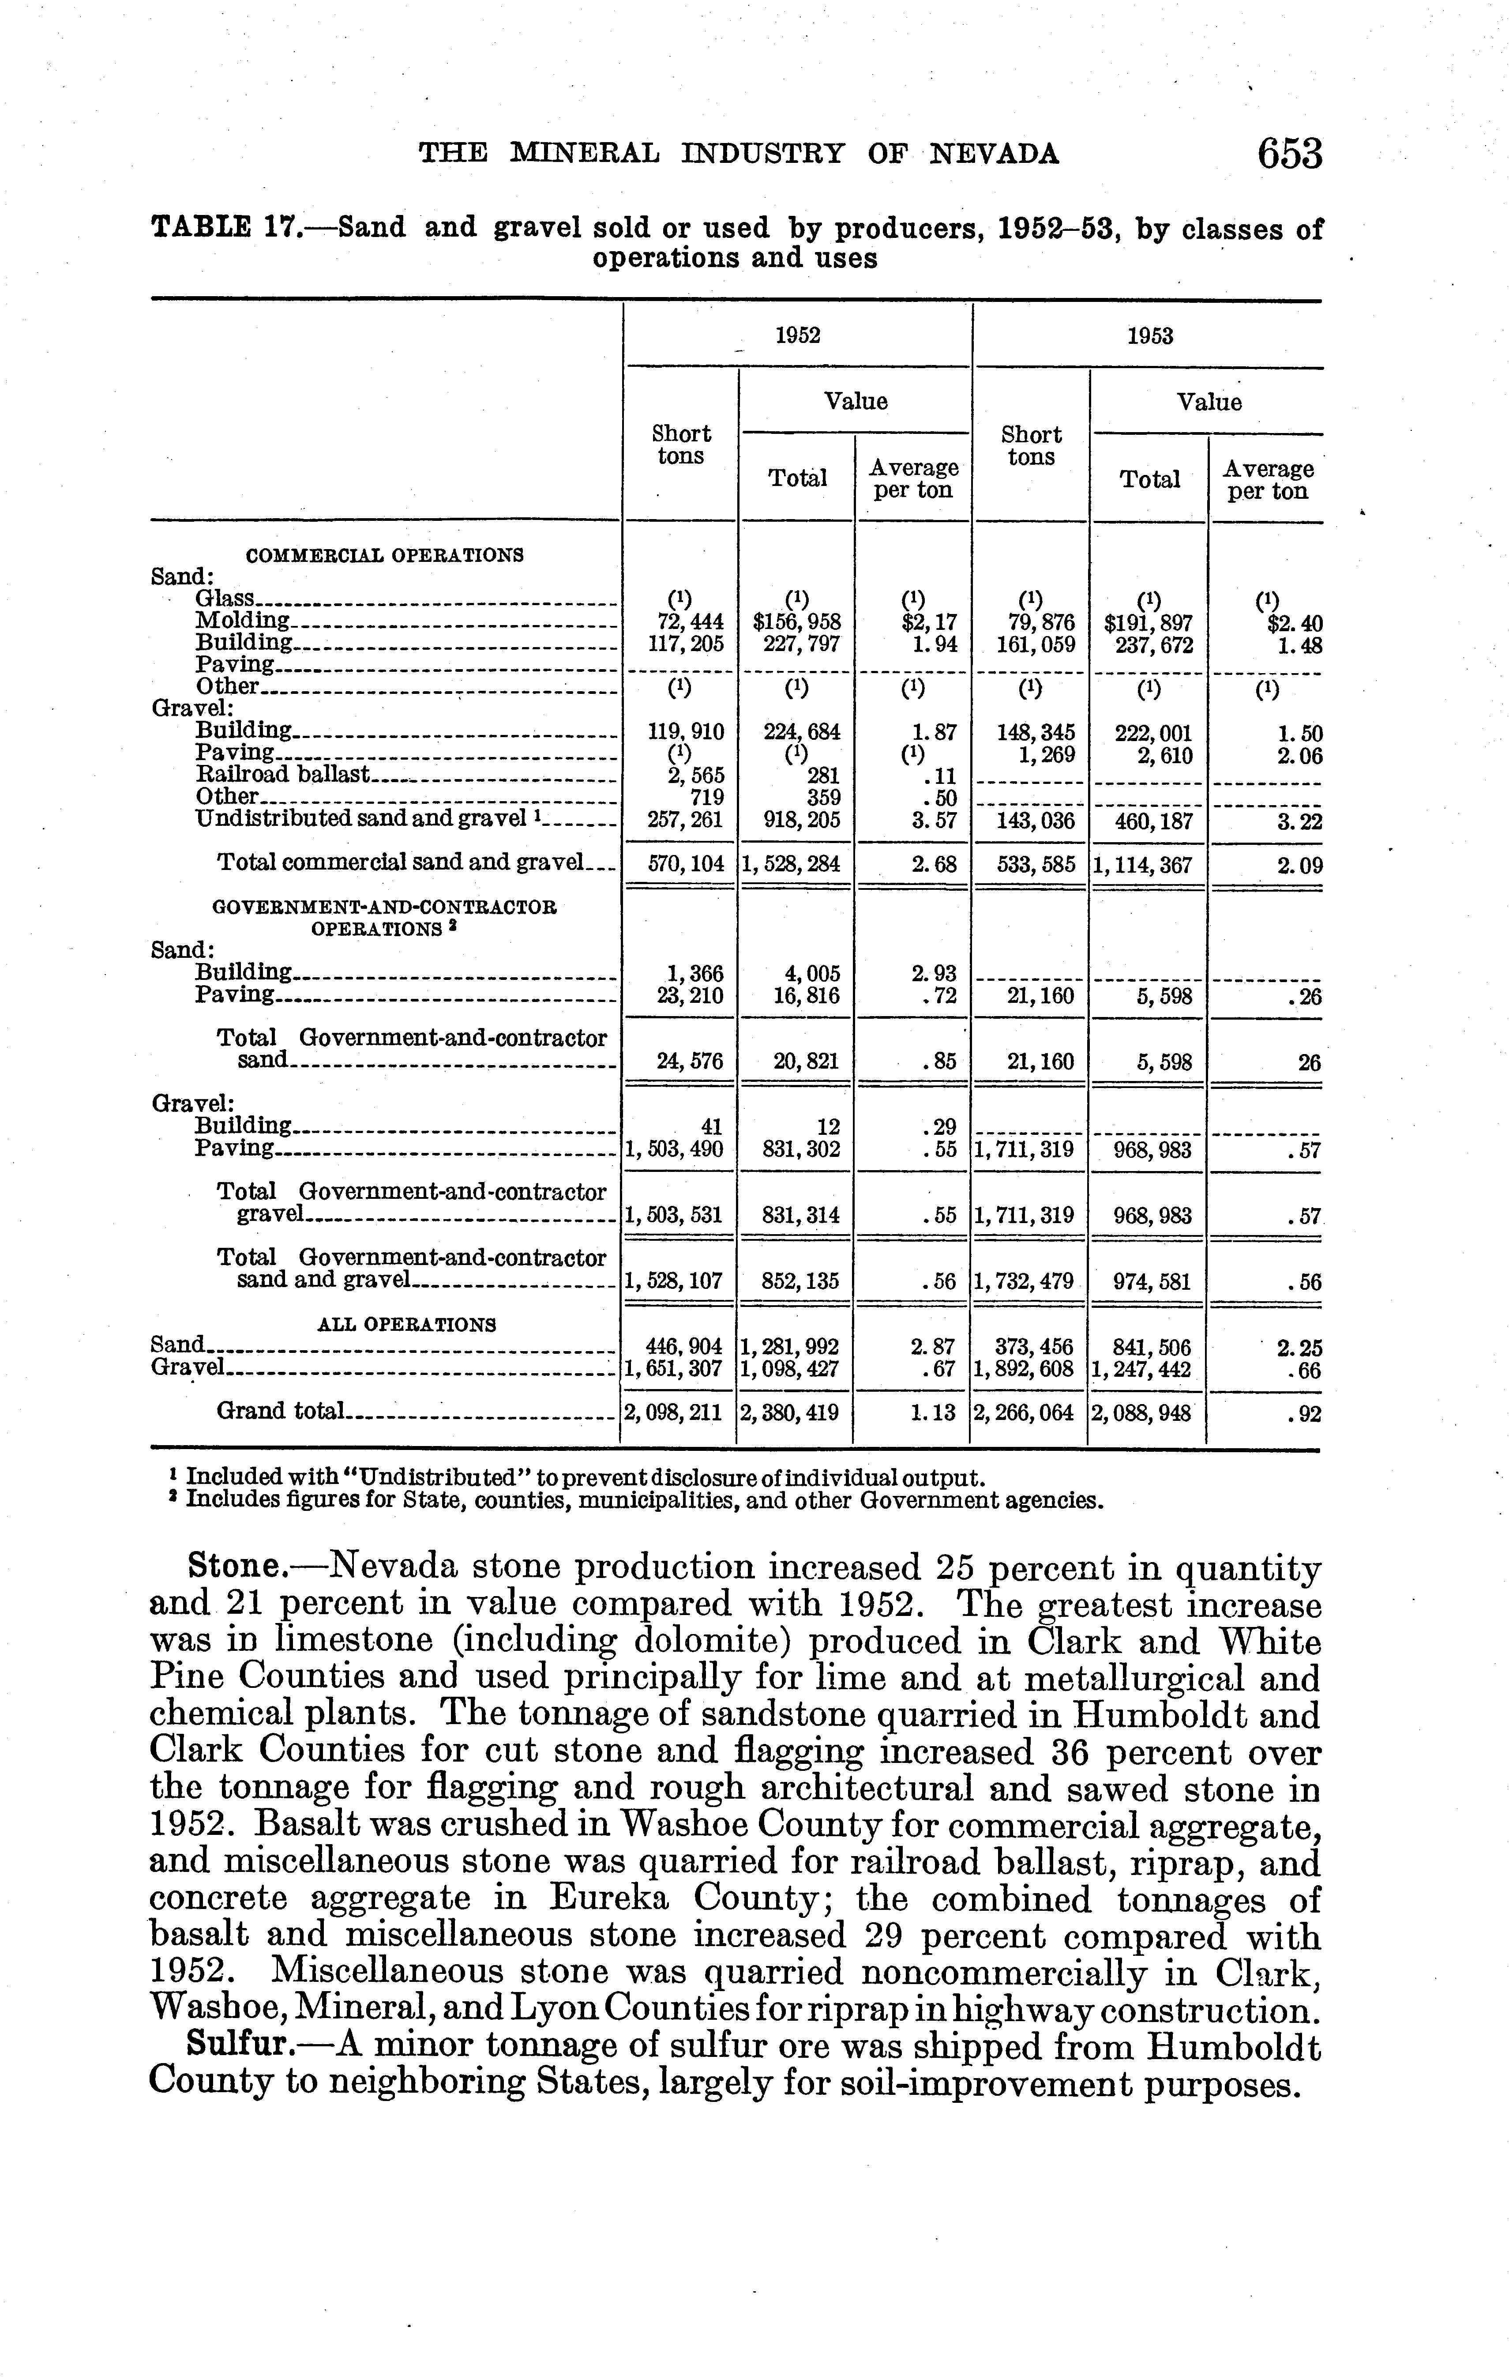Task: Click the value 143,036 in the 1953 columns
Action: pyautogui.click(x=1036, y=821)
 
